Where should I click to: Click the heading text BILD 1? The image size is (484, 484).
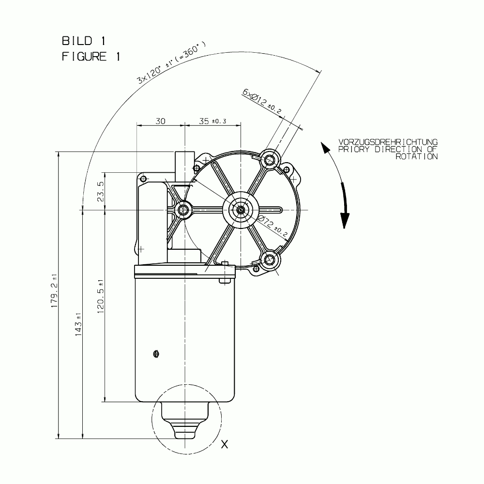pyautogui.click(x=84, y=41)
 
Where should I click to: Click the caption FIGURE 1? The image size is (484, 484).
pyautogui.click(x=91, y=57)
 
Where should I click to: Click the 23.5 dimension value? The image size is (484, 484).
pyautogui.click(x=101, y=191)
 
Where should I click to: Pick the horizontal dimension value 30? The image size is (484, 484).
pyautogui.click(x=161, y=121)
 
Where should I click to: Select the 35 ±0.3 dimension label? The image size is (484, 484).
pyautogui.click(x=212, y=121)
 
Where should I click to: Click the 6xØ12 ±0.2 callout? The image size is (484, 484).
pyautogui.click(x=262, y=101)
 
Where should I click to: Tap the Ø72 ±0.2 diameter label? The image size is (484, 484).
pyautogui.click(x=272, y=227)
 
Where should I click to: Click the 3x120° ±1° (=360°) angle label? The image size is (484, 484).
pyautogui.click(x=171, y=62)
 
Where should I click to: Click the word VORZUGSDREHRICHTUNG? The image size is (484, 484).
pyautogui.click(x=388, y=142)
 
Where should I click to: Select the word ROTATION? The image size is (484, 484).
pyautogui.click(x=417, y=156)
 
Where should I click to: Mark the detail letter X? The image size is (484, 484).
pyautogui.click(x=225, y=444)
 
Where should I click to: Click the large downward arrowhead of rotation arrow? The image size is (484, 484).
pyautogui.click(x=345, y=220)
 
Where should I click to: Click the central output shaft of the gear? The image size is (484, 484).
pyautogui.click(x=241, y=210)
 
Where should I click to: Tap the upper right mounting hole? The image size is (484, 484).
pyautogui.click(x=270, y=160)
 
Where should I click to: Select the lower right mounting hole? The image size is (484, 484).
pyautogui.click(x=270, y=259)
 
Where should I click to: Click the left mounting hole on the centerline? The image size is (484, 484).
pyautogui.click(x=183, y=210)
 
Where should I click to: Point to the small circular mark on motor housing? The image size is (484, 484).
pyautogui.click(x=156, y=354)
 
